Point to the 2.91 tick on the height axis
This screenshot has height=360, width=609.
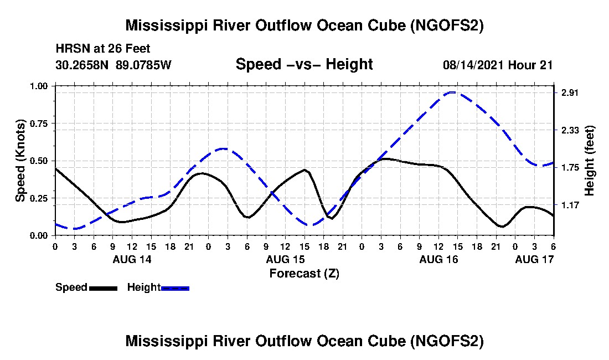coord(570,93)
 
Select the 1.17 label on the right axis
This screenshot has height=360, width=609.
coord(570,205)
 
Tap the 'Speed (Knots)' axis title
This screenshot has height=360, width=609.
coord(20,161)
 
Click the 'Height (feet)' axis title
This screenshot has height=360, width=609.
coord(589,161)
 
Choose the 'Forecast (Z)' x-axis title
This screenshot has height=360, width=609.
coord(304,273)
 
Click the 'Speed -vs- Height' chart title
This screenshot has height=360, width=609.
coord(304,64)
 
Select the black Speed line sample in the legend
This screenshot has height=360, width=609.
coord(103,288)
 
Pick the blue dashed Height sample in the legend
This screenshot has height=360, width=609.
coord(175,288)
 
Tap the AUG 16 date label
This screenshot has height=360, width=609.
coord(438,259)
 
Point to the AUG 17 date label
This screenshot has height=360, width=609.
coord(534,259)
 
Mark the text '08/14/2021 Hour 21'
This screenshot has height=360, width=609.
coord(498,65)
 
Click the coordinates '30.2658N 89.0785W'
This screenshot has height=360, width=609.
coord(113,65)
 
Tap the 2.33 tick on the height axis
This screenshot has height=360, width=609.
coord(570,130)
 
